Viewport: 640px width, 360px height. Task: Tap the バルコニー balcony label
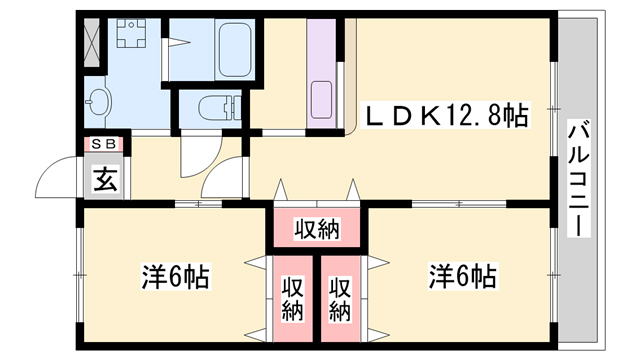click(579, 177)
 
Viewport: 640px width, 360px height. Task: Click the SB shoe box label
click(103, 144)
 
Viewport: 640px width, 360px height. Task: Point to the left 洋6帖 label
click(174, 275)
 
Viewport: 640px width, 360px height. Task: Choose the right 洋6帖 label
click(462, 275)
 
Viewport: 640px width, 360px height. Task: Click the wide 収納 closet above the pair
click(317, 230)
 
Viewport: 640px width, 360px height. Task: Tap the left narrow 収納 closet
click(292, 297)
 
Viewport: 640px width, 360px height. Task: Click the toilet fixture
click(213, 107)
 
